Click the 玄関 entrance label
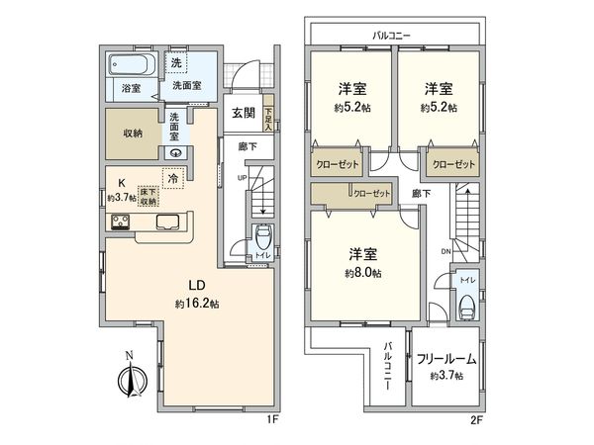coord(246,113)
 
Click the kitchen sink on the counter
coord(164,222)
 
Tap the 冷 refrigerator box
coord(173,179)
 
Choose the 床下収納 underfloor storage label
coord(148,197)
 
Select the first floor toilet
coord(263,240)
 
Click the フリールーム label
coord(445,359)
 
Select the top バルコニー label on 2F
coord(392,35)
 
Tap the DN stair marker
coord(445,252)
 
